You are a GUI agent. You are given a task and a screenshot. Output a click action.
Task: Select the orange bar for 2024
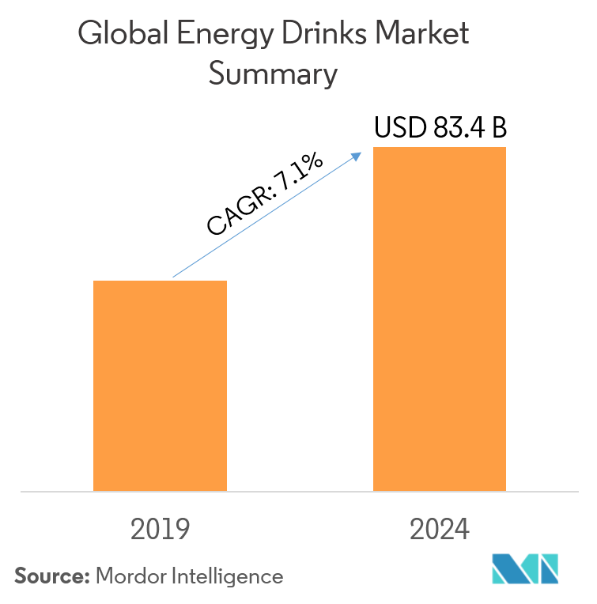tap(440, 319)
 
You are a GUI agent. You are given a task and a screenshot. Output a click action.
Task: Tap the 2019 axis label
tap(161, 529)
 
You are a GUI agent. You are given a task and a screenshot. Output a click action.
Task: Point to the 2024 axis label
tap(440, 529)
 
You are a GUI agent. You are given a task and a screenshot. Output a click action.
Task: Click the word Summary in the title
tap(272, 75)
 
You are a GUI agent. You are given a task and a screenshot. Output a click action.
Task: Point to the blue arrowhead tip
tap(361, 153)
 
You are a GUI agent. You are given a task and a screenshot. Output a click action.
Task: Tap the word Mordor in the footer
tap(129, 576)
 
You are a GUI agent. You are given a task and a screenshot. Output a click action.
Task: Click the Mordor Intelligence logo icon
tap(524, 568)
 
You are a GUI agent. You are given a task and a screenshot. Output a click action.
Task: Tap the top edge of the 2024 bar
tap(440, 148)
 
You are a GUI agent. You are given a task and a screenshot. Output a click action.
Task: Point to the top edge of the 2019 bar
tap(160, 281)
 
